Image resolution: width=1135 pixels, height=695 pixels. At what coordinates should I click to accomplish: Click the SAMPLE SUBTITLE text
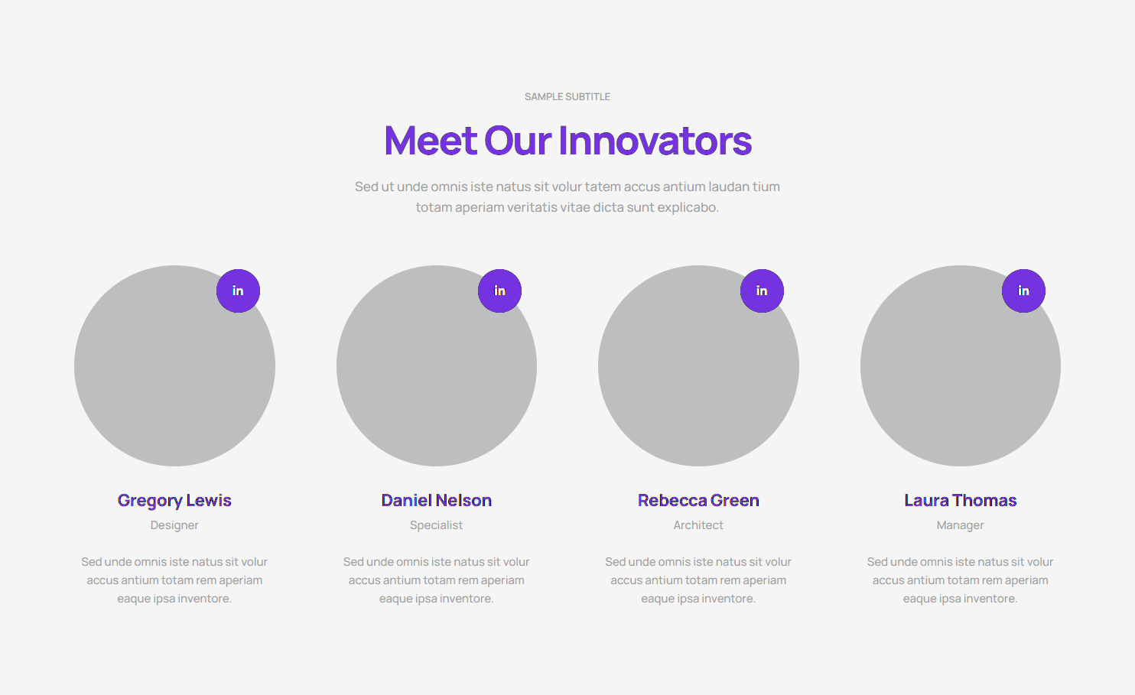click(567, 97)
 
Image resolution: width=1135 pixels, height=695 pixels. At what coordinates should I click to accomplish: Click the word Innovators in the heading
click(655, 141)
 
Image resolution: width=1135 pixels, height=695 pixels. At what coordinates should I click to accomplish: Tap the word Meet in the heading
click(431, 141)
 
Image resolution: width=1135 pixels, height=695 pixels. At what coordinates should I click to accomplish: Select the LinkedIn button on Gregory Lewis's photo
click(238, 291)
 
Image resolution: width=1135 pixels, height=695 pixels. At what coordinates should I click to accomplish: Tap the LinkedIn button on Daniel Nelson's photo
click(499, 291)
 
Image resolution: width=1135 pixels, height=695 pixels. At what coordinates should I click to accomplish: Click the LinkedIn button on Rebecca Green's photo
click(762, 291)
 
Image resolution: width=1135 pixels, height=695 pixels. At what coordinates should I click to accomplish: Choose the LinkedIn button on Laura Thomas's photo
click(1023, 291)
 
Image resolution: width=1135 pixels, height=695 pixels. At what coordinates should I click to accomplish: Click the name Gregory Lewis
click(174, 501)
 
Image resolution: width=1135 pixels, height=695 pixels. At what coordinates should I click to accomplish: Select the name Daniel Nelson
click(436, 501)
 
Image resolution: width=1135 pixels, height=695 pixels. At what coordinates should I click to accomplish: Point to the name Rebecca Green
click(698, 501)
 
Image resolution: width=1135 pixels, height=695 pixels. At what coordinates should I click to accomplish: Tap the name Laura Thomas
click(960, 501)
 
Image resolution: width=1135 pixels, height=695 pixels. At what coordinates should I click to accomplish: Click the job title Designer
click(174, 525)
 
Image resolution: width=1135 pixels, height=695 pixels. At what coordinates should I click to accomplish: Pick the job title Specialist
click(436, 525)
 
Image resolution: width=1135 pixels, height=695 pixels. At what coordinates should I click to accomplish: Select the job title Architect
click(698, 525)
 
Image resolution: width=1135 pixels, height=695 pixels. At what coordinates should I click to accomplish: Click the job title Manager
click(960, 525)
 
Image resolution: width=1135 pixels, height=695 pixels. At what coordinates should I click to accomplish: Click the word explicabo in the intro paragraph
click(688, 208)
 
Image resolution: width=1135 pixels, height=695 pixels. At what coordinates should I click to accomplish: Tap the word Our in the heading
click(517, 141)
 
